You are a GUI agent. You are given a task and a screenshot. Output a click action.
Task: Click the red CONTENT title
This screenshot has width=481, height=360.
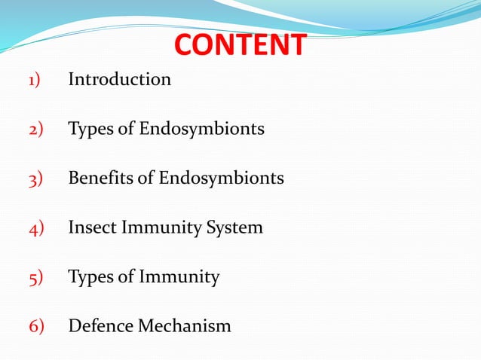click(240, 45)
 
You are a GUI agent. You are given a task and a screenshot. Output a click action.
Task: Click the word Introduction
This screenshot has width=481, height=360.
click(120, 78)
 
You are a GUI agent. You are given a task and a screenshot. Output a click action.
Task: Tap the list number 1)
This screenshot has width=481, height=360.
click(37, 79)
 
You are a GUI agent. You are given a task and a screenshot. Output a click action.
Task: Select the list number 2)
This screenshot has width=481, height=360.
click(37, 129)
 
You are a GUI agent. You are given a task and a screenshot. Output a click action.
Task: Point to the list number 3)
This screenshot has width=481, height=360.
click(37, 178)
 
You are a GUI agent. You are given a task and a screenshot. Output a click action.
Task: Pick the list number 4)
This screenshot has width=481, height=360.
click(37, 227)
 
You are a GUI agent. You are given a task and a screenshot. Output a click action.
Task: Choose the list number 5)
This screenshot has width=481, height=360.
click(37, 277)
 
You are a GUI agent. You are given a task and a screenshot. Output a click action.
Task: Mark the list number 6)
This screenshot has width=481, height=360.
click(37, 327)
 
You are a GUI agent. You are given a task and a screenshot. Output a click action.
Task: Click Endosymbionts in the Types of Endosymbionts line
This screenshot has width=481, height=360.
click(201, 129)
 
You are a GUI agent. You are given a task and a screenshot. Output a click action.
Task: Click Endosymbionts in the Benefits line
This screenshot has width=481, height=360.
click(221, 178)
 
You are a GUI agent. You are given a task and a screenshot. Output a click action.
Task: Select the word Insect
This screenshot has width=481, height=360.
click(89, 227)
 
